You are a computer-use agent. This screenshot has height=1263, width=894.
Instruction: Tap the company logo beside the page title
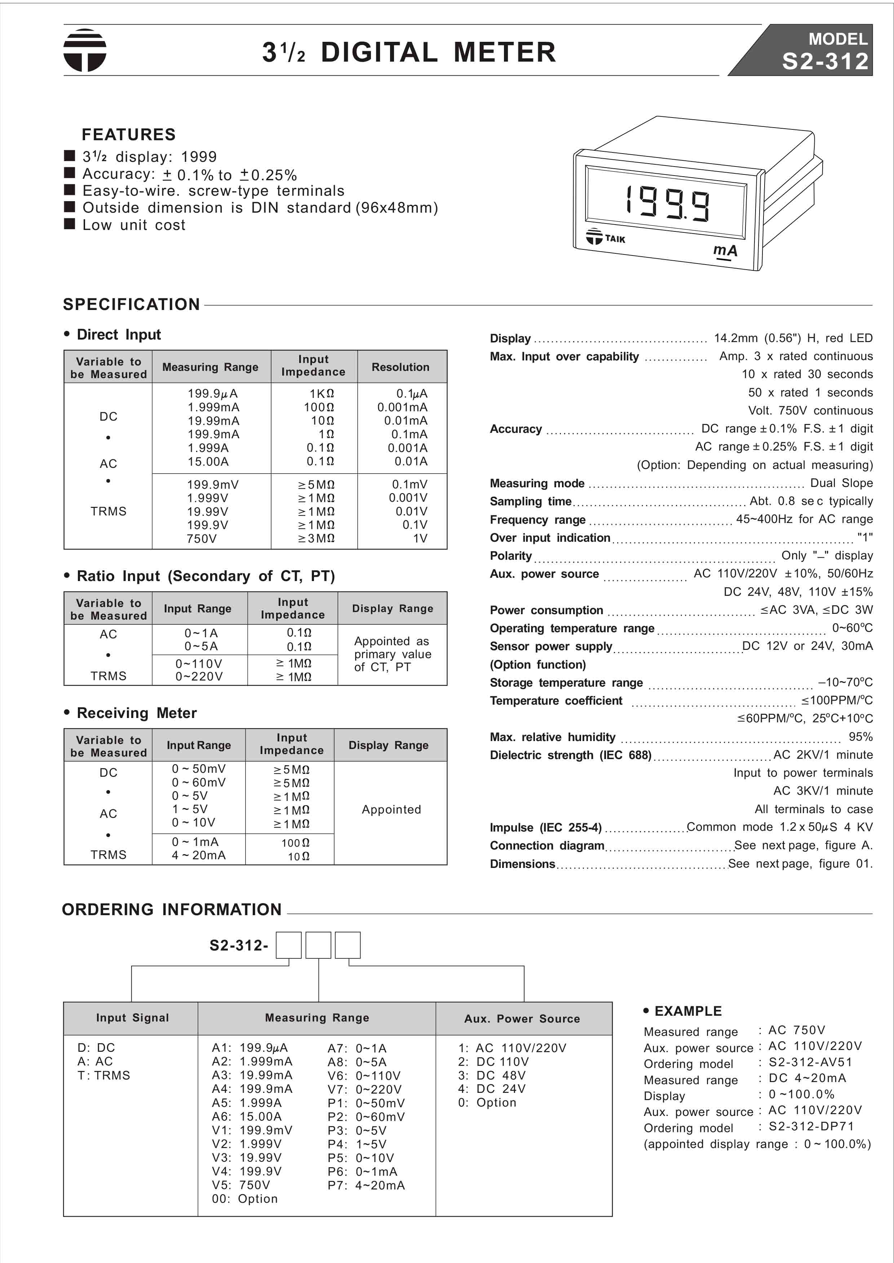click(x=85, y=50)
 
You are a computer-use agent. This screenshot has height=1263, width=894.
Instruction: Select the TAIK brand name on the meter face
click(x=615, y=239)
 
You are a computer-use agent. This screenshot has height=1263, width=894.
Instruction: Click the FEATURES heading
click(x=128, y=134)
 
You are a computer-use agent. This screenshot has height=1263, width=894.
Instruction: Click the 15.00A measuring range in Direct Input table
click(x=208, y=461)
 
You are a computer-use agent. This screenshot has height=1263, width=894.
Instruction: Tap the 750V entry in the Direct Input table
click(x=202, y=538)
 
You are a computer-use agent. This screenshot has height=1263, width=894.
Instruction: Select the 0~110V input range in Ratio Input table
click(x=199, y=663)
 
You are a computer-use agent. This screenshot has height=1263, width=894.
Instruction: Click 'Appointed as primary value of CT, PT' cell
click(x=392, y=654)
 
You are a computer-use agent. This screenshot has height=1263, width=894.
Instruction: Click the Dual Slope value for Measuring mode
click(x=841, y=483)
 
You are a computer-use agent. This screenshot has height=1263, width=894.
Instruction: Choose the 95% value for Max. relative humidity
click(x=860, y=736)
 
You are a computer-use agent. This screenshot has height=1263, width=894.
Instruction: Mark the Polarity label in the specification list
click(x=511, y=555)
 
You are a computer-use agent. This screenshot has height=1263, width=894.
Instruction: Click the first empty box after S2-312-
click(x=288, y=945)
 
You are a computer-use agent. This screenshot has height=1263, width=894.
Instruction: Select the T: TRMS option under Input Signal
click(x=104, y=1075)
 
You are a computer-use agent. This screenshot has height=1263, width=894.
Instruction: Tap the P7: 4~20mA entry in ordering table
click(x=366, y=1185)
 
